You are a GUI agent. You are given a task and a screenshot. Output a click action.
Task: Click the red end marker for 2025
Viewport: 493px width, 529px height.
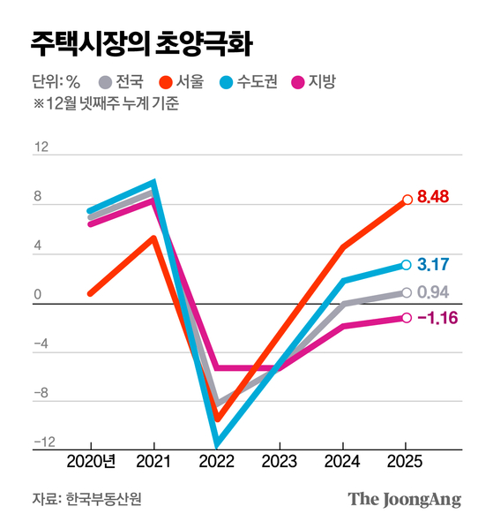[x=407, y=200]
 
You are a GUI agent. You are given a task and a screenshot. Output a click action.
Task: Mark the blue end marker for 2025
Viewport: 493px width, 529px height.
[x=407, y=264]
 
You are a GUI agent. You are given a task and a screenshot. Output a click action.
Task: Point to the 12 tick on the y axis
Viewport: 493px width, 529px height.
[x=41, y=147]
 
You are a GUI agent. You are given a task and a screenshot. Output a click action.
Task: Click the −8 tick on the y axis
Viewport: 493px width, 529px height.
[x=39, y=395]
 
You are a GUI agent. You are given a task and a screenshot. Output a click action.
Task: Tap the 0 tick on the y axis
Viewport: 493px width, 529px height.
[x=38, y=295]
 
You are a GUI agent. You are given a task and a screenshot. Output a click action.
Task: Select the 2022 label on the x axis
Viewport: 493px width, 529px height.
[x=216, y=461]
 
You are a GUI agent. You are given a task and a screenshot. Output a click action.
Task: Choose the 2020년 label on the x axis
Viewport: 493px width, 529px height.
[x=91, y=461]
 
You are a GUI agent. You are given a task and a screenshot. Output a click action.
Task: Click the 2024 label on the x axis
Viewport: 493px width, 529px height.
[x=342, y=461]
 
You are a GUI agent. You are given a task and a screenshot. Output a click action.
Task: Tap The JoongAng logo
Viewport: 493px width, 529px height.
[x=404, y=499]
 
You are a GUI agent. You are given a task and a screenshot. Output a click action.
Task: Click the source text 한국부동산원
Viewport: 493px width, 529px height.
[x=103, y=499]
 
